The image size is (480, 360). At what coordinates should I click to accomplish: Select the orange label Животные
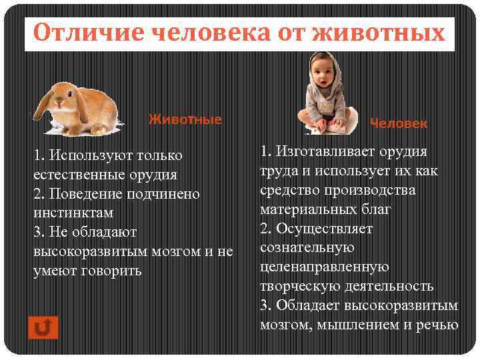(x=185, y=120)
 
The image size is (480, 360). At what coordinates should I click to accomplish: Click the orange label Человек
(x=399, y=123)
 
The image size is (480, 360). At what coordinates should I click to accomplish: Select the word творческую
(x=304, y=286)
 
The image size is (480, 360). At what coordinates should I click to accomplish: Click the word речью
(x=438, y=325)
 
